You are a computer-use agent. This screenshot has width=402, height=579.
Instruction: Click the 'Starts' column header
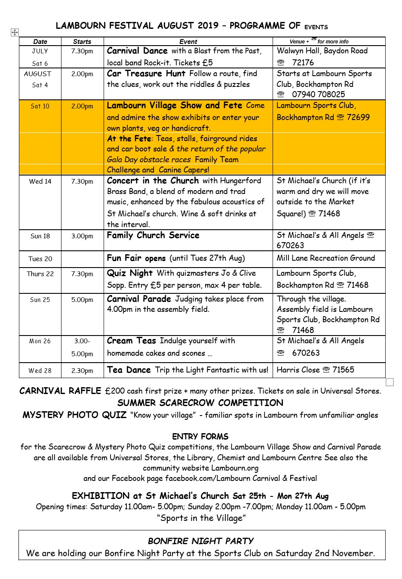coord(82,42)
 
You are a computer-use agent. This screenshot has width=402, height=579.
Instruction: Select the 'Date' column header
coord(40,42)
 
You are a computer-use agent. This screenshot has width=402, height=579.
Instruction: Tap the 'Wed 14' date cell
coord(40,182)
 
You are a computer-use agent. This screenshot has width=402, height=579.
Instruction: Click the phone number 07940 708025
coord(318,95)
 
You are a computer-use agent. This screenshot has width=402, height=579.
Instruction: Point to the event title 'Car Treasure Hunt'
coord(146,74)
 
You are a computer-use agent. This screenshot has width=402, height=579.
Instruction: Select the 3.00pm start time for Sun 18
coord(82,236)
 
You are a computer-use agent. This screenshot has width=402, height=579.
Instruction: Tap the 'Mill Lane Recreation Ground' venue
coord(326,258)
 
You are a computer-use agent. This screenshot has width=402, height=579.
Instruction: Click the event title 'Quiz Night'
coord(130,273)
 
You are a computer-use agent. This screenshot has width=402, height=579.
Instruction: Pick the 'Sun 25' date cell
coord(40,300)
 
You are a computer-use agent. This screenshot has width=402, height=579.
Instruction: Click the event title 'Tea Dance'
coord(129,370)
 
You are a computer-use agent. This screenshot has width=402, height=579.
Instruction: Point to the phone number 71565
coord(343,370)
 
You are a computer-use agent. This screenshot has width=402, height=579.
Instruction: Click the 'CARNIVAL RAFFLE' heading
coord(60,391)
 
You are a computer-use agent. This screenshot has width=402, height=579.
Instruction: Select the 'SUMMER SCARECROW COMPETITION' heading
coord(200,403)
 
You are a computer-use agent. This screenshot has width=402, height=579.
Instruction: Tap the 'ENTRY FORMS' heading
coord(200,437)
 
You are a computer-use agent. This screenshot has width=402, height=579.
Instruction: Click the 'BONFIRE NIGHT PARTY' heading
coord(201,541)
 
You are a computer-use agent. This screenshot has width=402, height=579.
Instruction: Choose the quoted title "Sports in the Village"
coord(201,518)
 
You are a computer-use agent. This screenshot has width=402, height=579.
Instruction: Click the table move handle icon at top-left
coord(15,32)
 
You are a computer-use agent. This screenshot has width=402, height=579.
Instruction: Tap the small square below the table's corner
coord(390,382)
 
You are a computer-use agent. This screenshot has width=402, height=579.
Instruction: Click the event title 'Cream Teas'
coord(131,341)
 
